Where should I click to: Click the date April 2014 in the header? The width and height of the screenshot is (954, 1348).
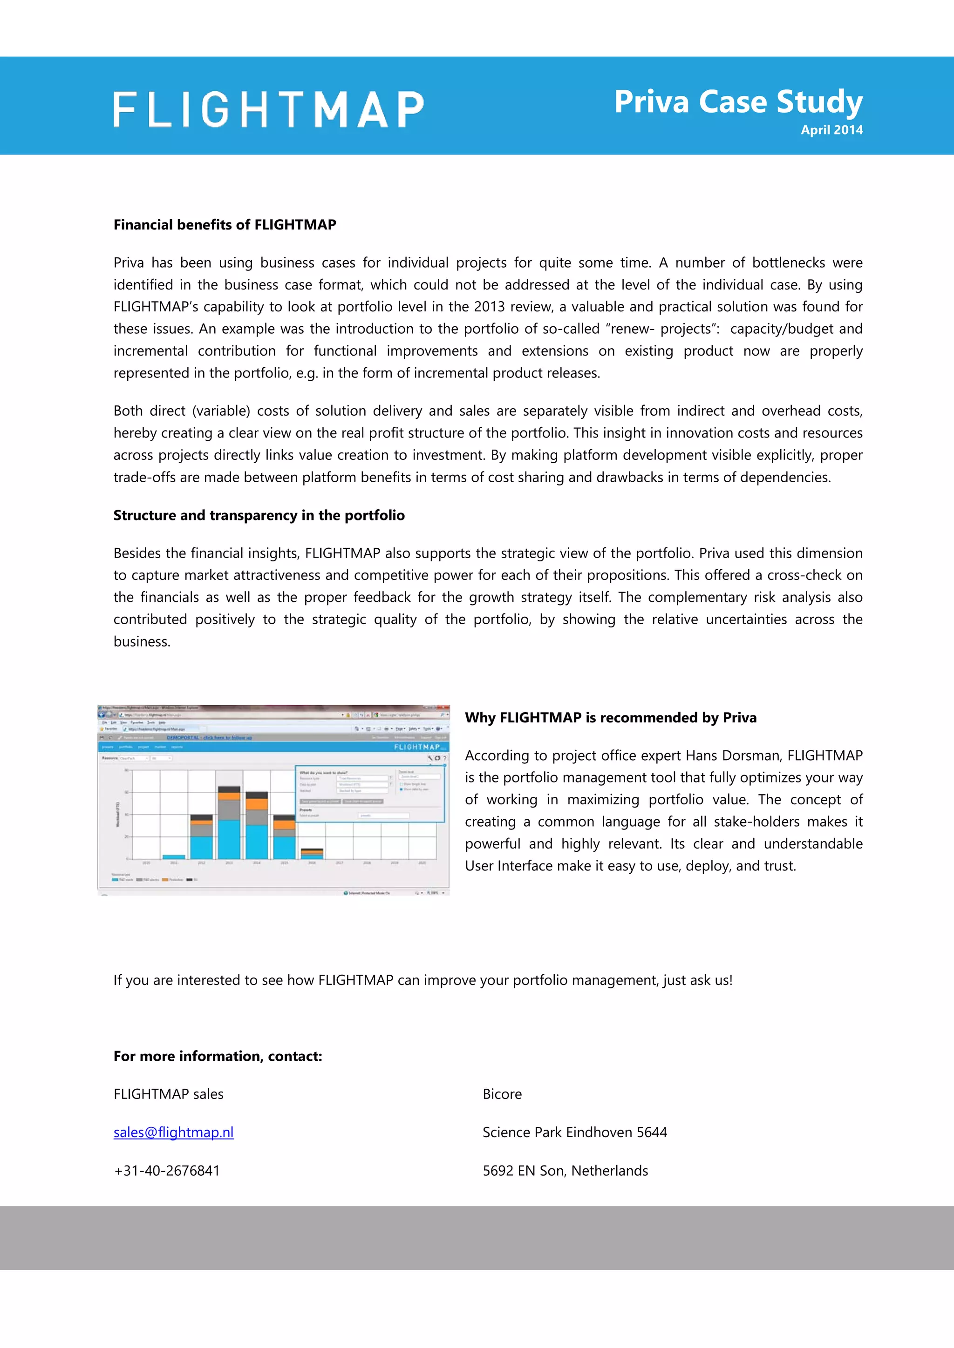[831, 130]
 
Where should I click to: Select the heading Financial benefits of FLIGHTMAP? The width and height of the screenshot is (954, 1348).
[225, 225]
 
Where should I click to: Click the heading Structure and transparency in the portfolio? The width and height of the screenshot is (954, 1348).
[259, 515]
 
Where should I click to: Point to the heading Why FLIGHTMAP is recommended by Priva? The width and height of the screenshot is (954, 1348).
[610, 717]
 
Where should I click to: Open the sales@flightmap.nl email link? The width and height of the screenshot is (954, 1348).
[173, 1132]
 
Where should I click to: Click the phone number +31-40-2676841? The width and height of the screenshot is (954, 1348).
[166, 1170]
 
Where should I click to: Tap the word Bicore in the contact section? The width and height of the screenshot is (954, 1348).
[502, 1094]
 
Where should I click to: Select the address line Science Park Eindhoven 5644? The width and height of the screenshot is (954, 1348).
[574, 1132]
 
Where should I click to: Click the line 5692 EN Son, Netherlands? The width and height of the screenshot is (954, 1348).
[565, 1170]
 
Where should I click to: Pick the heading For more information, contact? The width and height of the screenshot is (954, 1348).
[218, 1056]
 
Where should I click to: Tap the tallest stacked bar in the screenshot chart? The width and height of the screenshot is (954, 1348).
[229, 822]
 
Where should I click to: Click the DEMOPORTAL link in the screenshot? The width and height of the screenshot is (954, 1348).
[209, 737]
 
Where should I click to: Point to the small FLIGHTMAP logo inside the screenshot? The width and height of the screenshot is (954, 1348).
[419, 747]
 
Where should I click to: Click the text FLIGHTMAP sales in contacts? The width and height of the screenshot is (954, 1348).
[168, 1094]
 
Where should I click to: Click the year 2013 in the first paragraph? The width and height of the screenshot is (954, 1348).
[489, 306]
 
